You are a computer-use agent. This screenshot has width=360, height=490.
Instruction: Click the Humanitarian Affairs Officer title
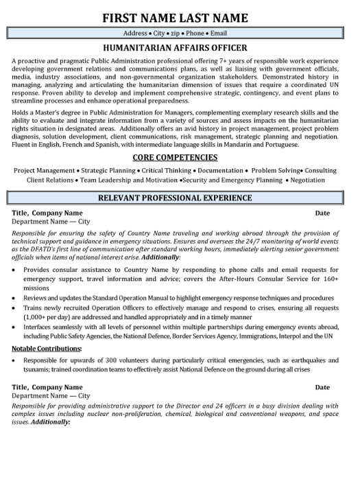180,49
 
